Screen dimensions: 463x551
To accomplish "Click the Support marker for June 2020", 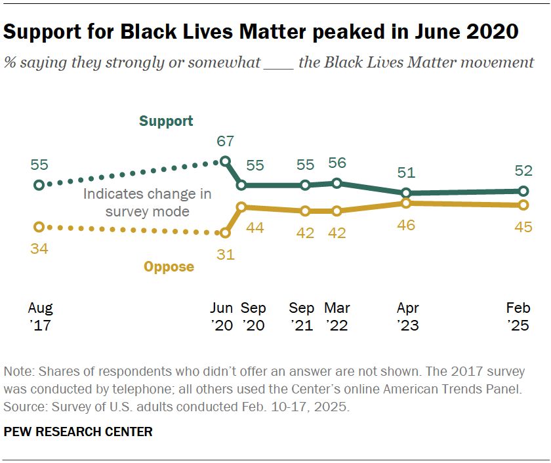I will click(x=226, y=161).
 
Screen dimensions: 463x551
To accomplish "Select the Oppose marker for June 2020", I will click(x=226, y=233).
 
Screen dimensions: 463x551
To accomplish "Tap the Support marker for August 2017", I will click(x=39, y=186).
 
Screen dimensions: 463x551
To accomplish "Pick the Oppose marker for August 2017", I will click(x=39, y=227).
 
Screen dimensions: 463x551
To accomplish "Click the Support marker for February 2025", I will click(x=523, y=191).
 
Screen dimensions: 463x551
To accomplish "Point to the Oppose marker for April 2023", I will click(x=406, y=203).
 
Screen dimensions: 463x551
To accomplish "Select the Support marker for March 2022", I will click(x=337, y=183).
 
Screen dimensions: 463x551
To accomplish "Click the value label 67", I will click(x=225, y=141).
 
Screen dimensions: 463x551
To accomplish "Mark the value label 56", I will click(x=337, y=163).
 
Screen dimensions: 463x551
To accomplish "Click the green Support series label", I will click(x=166, y=121).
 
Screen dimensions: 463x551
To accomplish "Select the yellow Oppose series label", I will click(x=169, y=267).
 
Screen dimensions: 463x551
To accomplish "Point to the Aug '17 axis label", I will click(x=40, y=317).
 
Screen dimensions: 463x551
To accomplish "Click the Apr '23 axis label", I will click(x=407, y=317).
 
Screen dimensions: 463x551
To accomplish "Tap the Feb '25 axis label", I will click(x=519, y=317).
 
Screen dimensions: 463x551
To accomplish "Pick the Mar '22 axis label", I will click(x=337, y=317).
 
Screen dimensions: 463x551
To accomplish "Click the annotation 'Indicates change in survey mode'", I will click(x=148, y=203).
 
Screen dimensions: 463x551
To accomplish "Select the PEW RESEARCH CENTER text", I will click(x=78, y=432).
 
